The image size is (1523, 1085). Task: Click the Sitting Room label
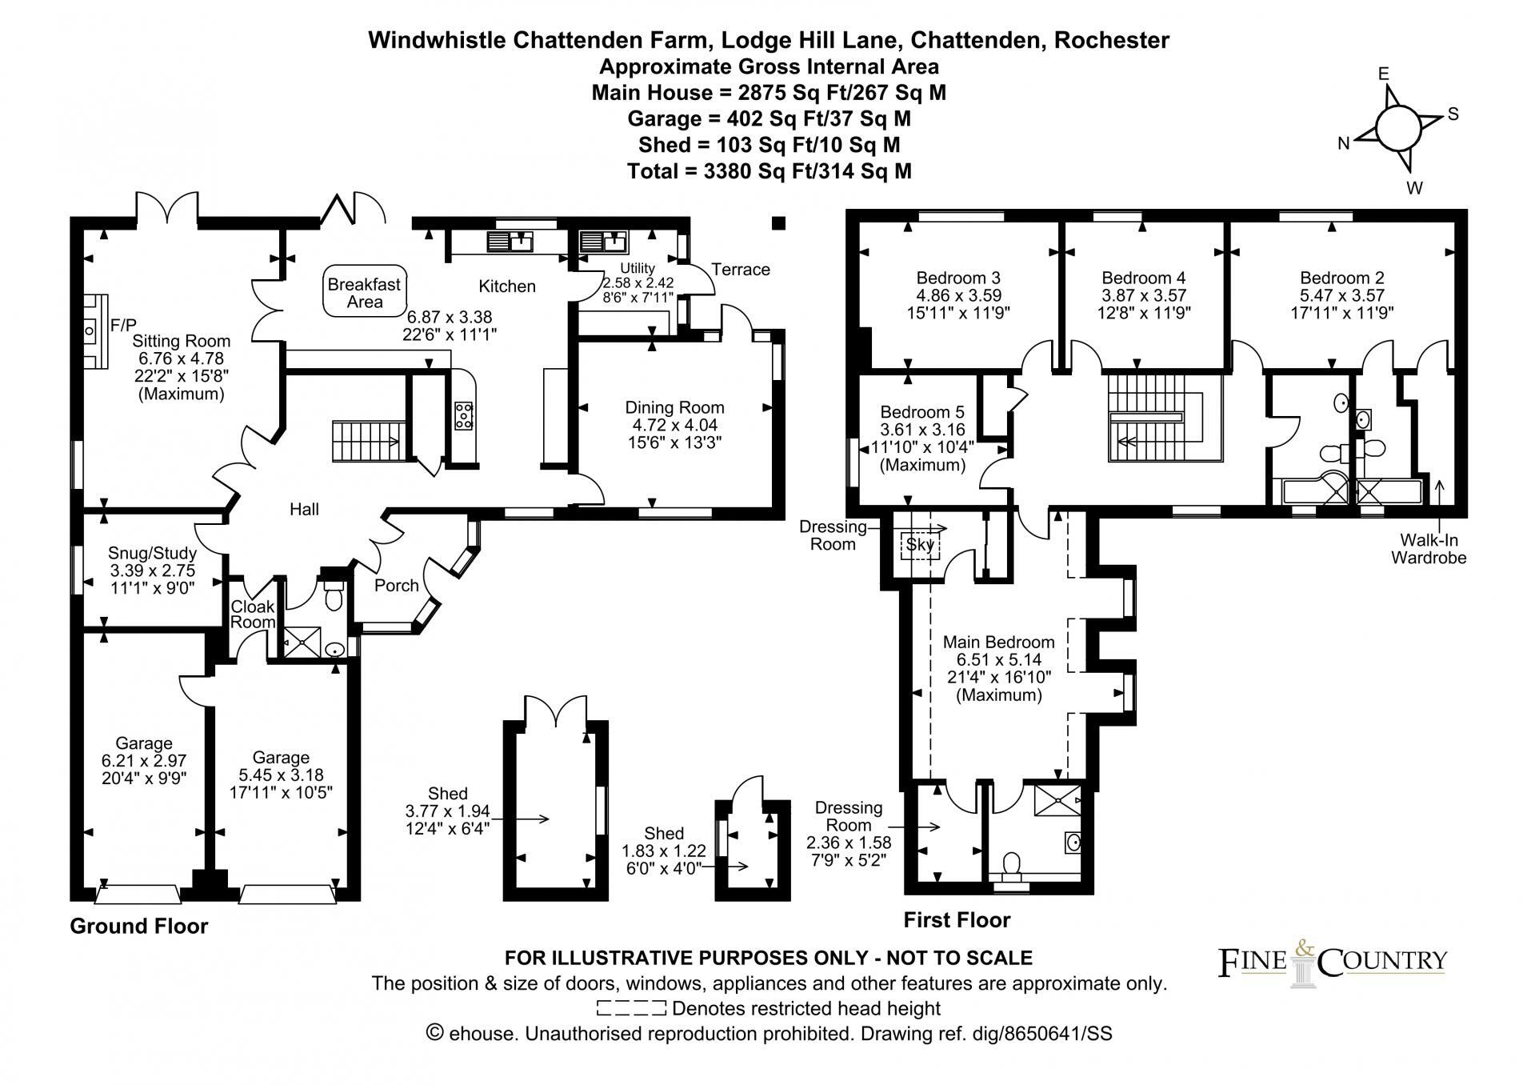pos(182,342)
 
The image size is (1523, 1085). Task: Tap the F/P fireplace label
pos(123,325)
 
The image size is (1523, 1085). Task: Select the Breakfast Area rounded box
pos(365,293)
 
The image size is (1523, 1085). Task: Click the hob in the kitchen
pos(463,414)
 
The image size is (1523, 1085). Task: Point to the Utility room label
pos(638,269)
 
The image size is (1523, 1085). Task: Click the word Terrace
pos(741,270)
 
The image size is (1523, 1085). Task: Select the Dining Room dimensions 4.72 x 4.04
pos(674,425)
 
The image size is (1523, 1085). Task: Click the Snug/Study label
pos(152,553)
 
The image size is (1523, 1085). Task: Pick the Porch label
pos(397,586)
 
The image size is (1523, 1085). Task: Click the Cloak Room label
pos(253,615)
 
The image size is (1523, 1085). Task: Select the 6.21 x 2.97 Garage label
pos(144,761)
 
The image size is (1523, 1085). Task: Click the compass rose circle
pos(1398,127)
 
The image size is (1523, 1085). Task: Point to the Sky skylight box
pos(920,545)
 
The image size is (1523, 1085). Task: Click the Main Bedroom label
pos(998,643)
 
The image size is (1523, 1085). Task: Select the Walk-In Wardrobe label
pos(1429,550)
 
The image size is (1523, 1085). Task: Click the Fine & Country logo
pos(1332,963)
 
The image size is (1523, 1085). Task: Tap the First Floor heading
pos(957,920)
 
